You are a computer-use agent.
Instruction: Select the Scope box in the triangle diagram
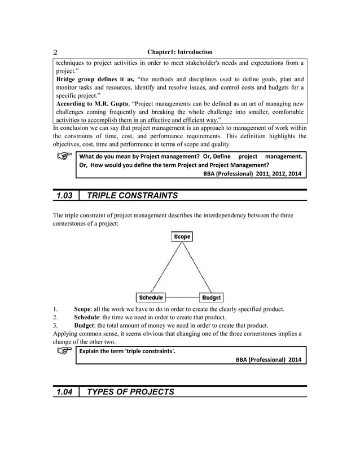(x=182, y=237)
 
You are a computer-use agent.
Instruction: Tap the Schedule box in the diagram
(x=151, y=297)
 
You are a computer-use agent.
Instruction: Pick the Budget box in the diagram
(x=212, y=297)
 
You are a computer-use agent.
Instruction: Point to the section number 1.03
(x=66, y=196)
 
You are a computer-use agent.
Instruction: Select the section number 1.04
(x=66, y=392)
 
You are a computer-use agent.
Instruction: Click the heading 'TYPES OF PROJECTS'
(x=128, y=392)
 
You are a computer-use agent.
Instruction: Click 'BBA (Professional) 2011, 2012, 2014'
(x=252, y=174)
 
